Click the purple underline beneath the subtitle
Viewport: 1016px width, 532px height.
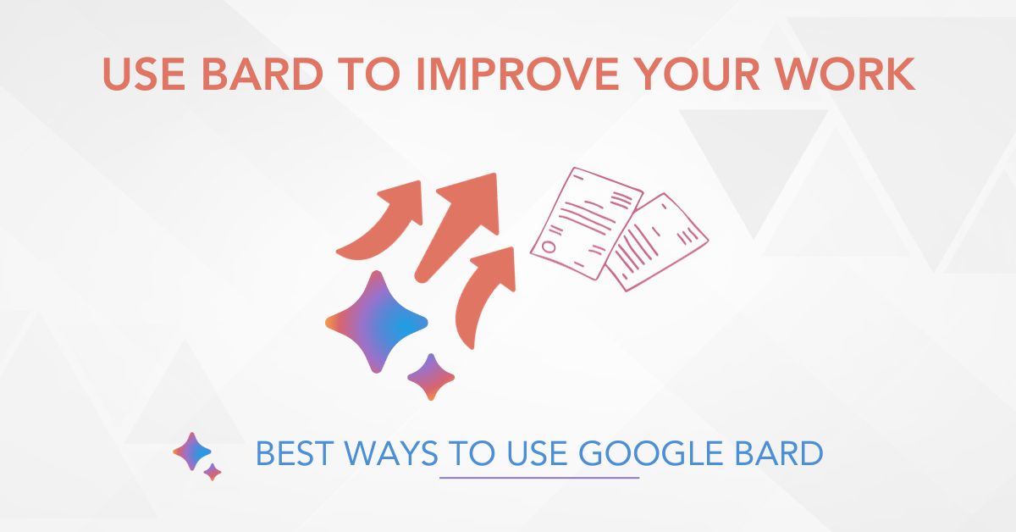[x=539, y=478]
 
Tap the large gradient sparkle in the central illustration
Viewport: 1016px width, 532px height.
[x=378, y=323]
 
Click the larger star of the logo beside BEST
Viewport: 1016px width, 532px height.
[x=192, y=452]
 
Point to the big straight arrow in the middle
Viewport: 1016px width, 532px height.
[x=461, y=220]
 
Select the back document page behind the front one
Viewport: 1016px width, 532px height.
[x=660, y=246]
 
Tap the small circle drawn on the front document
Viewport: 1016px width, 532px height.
[x=549, y=248]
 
